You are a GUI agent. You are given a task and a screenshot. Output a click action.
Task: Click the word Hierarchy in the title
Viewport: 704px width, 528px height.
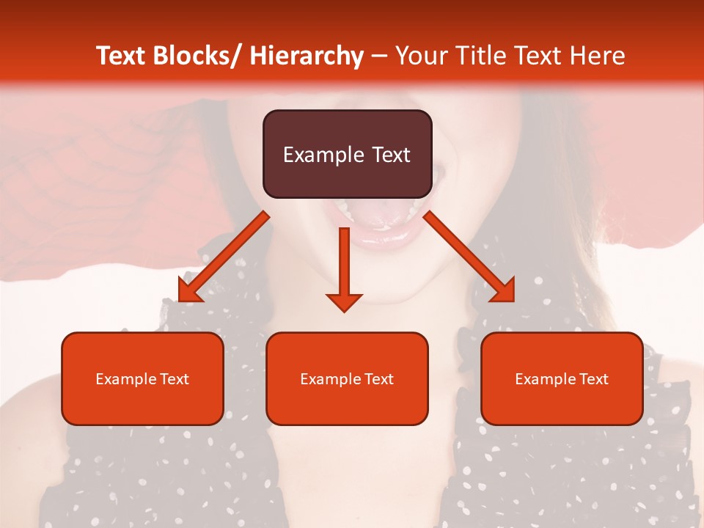[x=307, y=56]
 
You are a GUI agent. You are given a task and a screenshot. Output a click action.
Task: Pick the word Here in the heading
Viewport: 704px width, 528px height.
[x=597, y=56]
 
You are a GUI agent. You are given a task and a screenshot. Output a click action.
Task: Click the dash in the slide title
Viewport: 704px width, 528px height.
[x=379, y=56]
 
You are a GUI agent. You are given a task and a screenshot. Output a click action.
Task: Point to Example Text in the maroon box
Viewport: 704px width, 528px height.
[x=347, y=155]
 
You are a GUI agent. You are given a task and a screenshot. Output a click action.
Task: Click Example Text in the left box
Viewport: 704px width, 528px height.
[x=142, y=379]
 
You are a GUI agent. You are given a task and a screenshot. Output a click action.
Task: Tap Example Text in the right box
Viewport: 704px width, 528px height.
[x=562, y=379]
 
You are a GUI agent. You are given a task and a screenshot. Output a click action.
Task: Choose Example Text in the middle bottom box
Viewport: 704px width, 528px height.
[x=347, y=379]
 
